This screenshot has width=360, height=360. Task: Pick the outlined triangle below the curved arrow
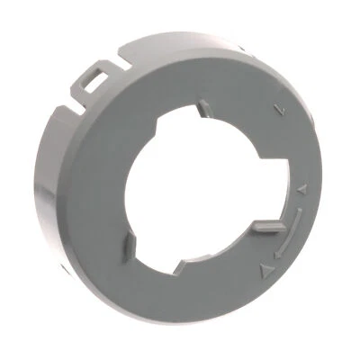[x=263, y=268]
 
